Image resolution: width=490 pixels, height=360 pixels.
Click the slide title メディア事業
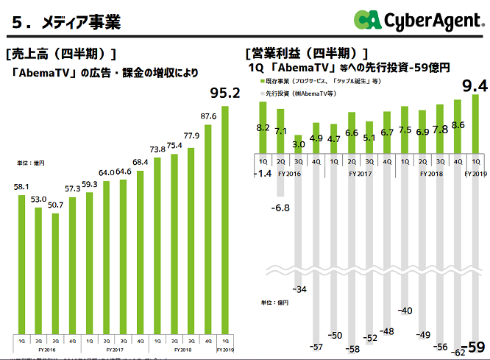[66, 21]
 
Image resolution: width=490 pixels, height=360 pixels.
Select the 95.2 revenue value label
[225, 94]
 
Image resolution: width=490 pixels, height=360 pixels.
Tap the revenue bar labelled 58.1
[21, 265]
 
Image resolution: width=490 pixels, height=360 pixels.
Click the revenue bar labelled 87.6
[207, 228]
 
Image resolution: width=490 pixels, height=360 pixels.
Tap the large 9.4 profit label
[474, 87]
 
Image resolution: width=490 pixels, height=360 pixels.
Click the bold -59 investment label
[475, 347]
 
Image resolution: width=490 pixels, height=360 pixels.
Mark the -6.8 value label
[280, 208]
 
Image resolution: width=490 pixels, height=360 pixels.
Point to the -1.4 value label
[261, 174]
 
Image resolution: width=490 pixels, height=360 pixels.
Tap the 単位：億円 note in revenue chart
[31, 162]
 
